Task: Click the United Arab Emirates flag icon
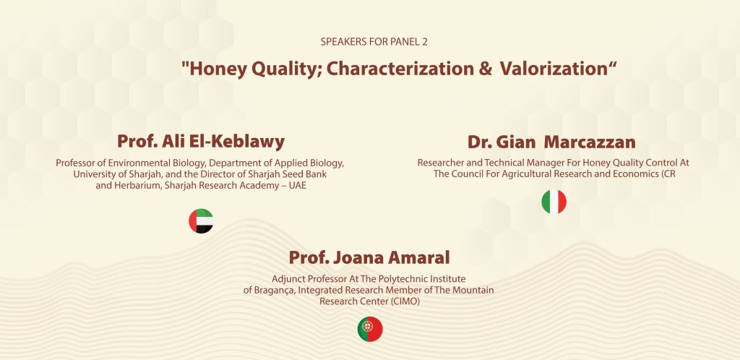(201, 220)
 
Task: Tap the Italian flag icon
(554, 202)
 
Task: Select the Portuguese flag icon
(370, 329)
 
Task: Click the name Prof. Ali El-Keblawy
(201, 141)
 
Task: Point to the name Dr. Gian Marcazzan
(551, 142)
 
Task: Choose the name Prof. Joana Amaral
(369, 257)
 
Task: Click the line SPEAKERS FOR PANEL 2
(374, 41)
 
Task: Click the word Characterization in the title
(400, 69)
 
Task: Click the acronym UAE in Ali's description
(298, 186)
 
